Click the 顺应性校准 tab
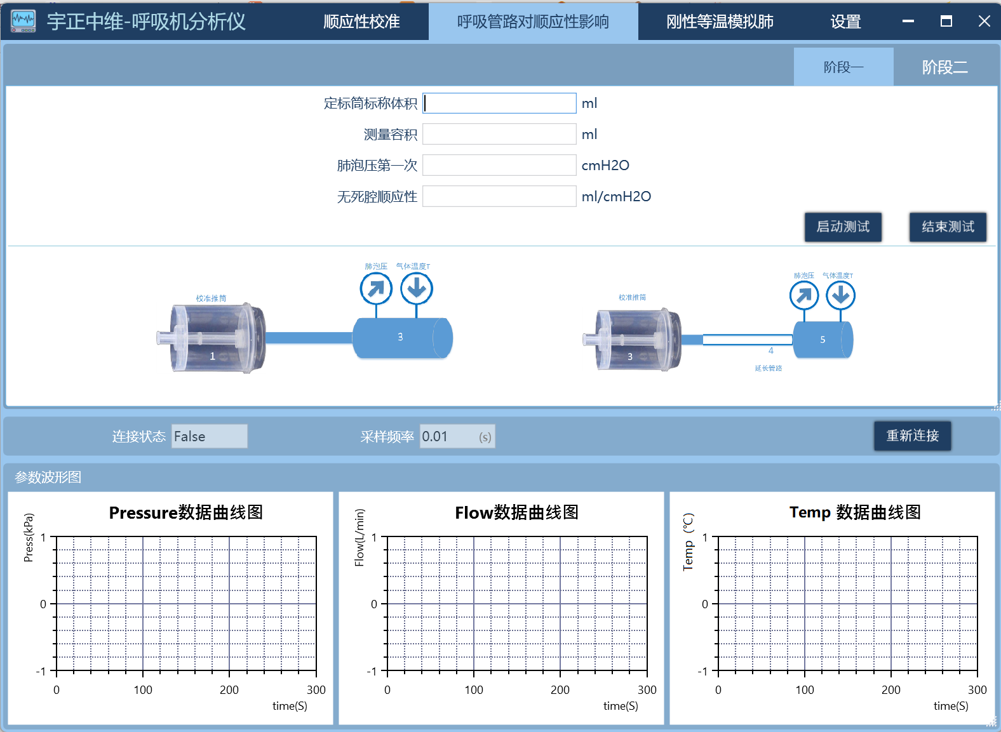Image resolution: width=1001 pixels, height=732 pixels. tap(361, 22)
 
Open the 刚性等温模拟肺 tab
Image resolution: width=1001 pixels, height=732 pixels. tap(720, 22)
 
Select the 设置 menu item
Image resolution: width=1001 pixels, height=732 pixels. tap(845, 22)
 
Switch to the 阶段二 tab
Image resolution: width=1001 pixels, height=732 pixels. tap(944, 67)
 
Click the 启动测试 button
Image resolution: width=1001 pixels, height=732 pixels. tap(843, 227)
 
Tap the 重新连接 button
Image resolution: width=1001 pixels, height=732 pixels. tap(912, 436)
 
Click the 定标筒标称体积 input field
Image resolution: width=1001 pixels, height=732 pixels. tap(499, 103)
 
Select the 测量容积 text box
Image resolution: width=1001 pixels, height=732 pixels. tap(499, 135)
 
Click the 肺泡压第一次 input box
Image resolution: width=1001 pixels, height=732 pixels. tap(499, 165)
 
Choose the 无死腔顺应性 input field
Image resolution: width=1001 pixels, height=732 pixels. tap(499, 197)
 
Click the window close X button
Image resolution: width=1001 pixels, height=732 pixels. tap(984, 21)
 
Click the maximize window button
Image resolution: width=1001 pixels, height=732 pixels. tap(946, 21)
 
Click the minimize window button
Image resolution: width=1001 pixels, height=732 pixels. tap(908, 21)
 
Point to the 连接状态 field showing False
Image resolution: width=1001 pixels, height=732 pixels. tap(209, 436)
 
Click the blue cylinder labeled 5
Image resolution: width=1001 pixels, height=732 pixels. tap(823, 340)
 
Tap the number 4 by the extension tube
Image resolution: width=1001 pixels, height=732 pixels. tap(771, 350)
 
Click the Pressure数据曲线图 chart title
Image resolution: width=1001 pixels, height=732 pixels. tap(186, 512)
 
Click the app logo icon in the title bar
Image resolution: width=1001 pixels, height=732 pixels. tap(24, 21)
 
